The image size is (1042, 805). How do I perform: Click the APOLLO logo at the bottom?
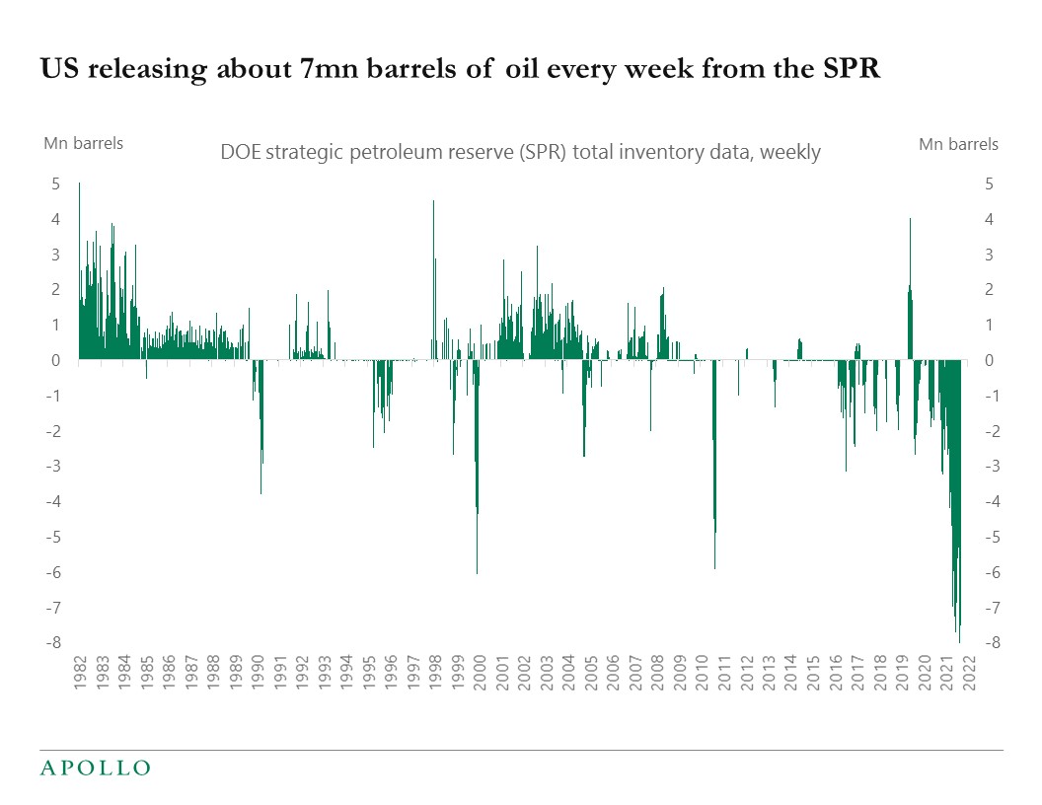95,768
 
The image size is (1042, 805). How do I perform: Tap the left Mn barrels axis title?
83,143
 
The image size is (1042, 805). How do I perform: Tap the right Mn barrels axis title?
958,144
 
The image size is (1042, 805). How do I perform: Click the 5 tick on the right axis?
989,184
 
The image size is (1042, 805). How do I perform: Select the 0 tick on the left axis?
56,361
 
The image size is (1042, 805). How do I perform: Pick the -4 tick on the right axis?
991,502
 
